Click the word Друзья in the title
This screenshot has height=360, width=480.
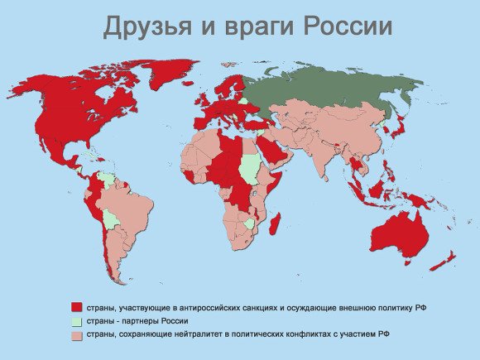tap(143, 26)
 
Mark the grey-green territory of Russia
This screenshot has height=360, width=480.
tap(331, 91)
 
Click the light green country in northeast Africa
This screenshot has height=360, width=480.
tap(249, 170)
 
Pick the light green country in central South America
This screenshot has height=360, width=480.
tap(110, 218)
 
